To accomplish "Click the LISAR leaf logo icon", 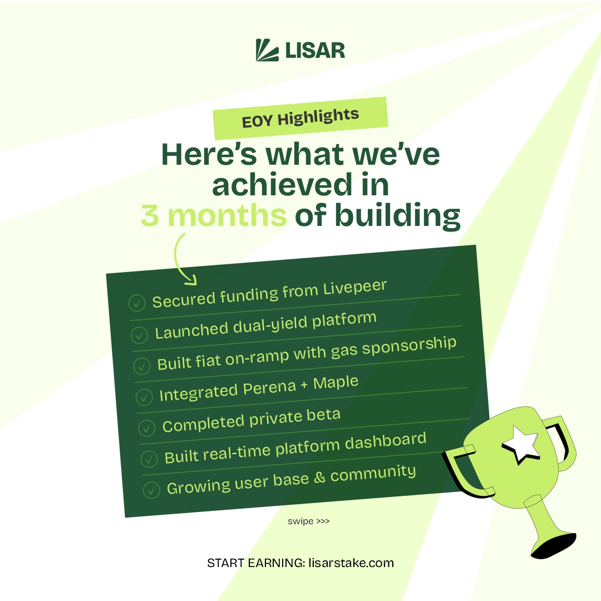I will [267, 50].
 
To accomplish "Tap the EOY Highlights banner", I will [300, 118].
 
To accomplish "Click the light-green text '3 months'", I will [213, 216].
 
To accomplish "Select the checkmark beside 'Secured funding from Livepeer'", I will [136, 303].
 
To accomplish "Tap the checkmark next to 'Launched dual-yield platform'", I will [139, 335].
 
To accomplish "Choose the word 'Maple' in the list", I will [336, 383].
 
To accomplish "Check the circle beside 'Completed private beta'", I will [146, 428].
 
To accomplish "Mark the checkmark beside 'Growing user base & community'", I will [151, 490].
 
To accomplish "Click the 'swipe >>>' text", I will [309, 521].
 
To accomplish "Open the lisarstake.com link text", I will [351, 563].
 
